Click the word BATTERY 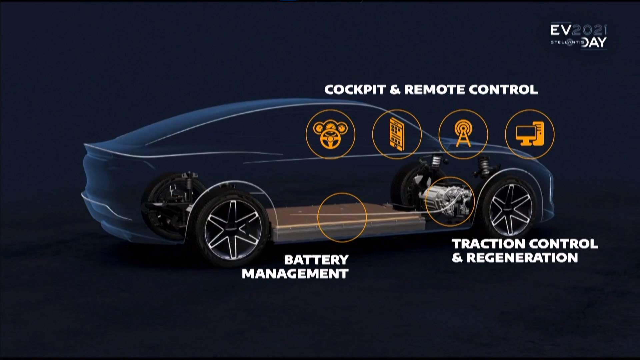click(316, 260)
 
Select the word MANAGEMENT click(295, 274)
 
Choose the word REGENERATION click(522, 258)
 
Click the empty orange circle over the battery click(342, 217)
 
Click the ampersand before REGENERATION click(457, 258)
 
